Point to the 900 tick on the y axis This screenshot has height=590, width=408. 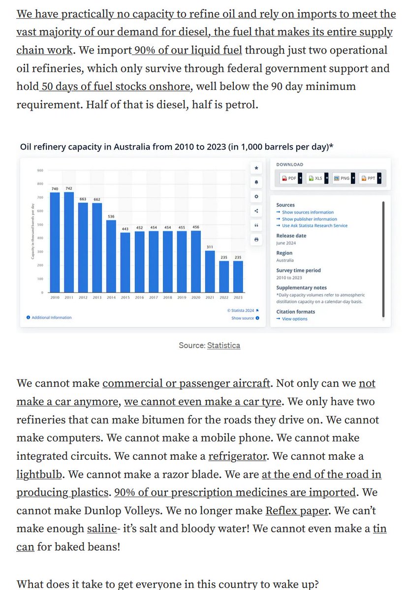(x=40, y=171)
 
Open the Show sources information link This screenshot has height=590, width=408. (x=308, y=212)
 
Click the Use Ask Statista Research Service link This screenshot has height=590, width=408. (x=314, y=226)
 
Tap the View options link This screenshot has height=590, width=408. (x=294, y=319)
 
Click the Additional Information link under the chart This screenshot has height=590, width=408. (x=51, y=318)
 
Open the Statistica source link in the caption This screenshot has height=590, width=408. (x=223, y=345)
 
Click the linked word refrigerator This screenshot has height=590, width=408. (x=237, y=456)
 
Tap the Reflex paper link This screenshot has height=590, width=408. (x=296, y=510)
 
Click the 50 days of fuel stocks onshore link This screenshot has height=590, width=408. (x=115, y=87)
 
